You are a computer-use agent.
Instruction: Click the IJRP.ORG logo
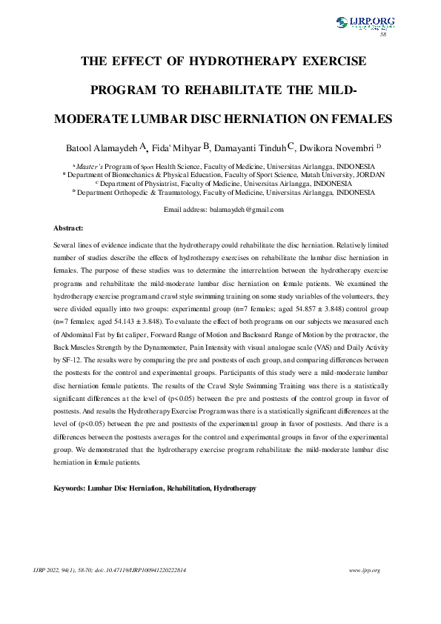[x=365, y=23]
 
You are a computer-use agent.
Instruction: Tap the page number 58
[x=383, y=35]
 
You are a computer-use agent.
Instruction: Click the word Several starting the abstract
[x=67, y=244]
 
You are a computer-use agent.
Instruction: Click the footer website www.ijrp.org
[x=364, y=569]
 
